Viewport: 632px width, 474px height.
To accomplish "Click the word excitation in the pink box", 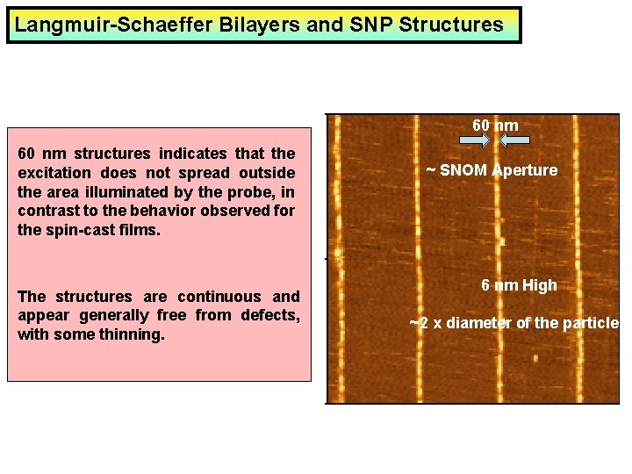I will click(55, 173).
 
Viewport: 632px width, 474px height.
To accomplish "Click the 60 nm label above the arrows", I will click(495, 126).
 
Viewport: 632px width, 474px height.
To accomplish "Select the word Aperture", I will click(524, 170).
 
